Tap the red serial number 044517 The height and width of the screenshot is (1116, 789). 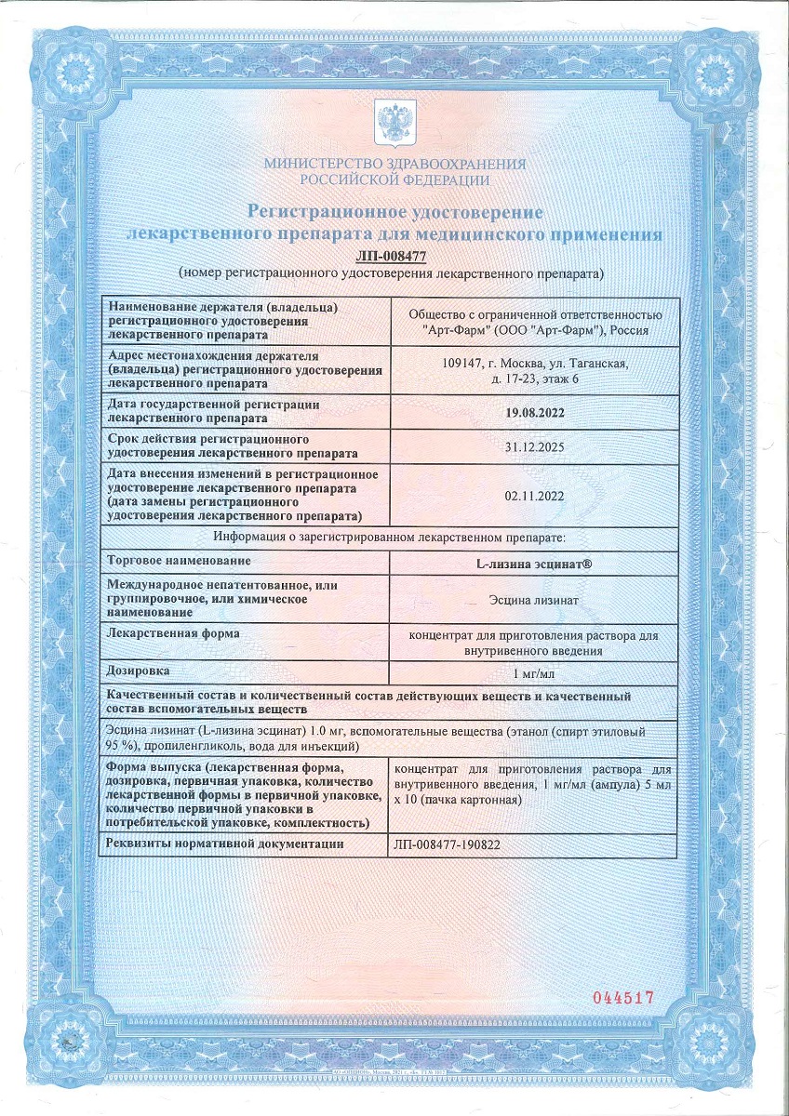pos(624,997)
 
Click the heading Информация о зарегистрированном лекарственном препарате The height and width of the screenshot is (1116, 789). pos(389,538)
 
